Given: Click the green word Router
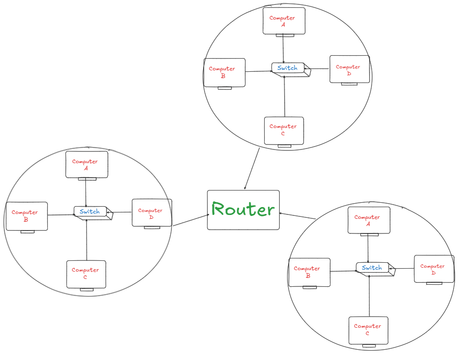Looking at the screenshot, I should click(x=243, y=210).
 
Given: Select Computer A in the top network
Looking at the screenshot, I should click(x=284, y=21).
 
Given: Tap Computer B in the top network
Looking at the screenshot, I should click(x=224, y=72).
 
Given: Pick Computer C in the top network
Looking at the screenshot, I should click(x=284, y=130).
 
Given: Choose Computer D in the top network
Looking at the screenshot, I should click(x=349, y=70).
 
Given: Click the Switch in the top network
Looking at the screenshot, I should click(x=288, y=68).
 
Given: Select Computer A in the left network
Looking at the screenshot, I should click(x=86, y=165).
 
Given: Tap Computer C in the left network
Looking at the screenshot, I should click(x=86, y=274).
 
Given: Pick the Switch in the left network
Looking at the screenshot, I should click(x=90, y=212).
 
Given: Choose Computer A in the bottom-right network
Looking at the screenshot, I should click(x=369, y=220).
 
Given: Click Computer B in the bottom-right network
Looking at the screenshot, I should click(x=309, y=272).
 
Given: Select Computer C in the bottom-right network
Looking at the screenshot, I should click(x=368, y=330).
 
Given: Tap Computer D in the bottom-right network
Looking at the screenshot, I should click(x=434, y=269).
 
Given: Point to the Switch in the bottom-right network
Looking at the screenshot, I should click(x=372, y=268).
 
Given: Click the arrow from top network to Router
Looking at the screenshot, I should click(x=252, y=169).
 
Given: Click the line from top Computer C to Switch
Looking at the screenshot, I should click(x=284, y=98).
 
